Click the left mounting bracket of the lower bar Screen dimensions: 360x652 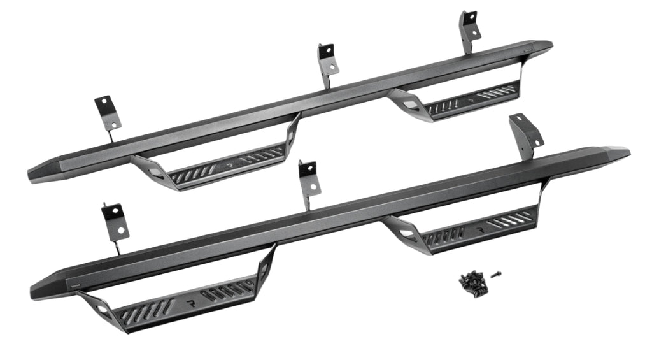pyautogui.click(x=115, y=220)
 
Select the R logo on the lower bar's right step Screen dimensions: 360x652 pyautogui.click(x=480, y=226)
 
